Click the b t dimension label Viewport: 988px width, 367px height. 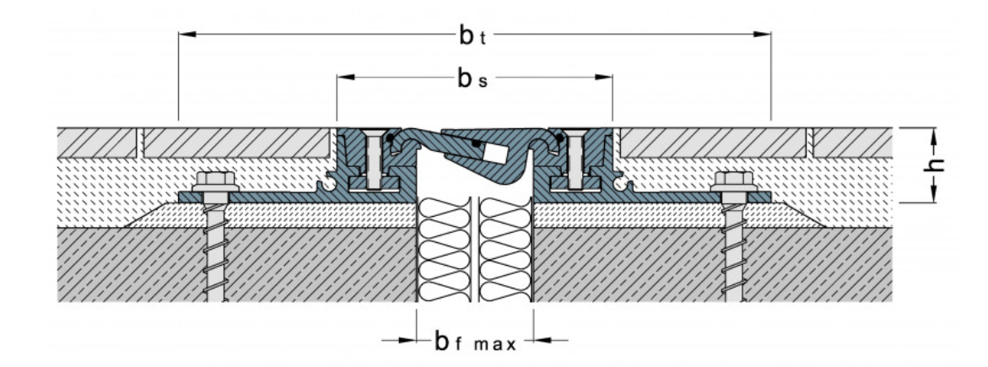point(472,36)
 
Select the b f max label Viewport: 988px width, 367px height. point(475,342)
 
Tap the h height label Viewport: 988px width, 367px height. point(937,165)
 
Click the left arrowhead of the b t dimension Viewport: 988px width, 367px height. point(187,34)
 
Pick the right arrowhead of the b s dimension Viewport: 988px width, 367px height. point(603,77)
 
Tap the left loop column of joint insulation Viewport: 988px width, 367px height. point(445,249)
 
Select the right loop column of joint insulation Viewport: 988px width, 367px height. point(505,249)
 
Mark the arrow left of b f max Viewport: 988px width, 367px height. point(399,341)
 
